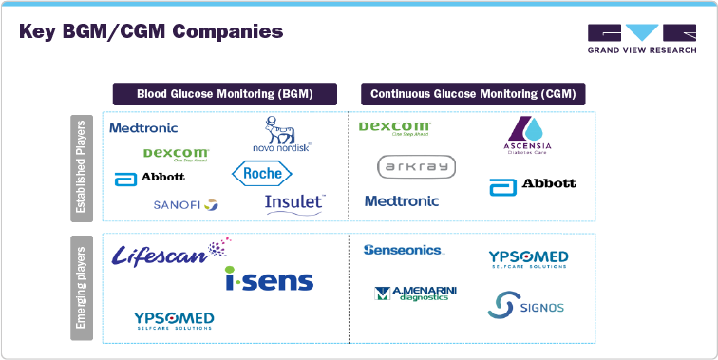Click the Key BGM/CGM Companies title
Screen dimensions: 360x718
pos(151,31)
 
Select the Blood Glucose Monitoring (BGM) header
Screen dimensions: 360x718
pos(225,94)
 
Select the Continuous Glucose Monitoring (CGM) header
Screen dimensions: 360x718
pos(472,94)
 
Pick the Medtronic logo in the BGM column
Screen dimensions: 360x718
pos(143,127)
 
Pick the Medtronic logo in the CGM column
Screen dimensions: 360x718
pos(402,200)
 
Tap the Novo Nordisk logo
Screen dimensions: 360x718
pos(281,135)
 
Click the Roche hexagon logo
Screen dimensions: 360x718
pos(263,173)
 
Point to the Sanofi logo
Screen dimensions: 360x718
pos(185,204)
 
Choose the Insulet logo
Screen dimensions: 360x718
pos(295,202)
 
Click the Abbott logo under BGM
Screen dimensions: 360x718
pos(150,178)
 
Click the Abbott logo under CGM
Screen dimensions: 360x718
pos(532,184)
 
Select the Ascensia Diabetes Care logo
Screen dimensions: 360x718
pos(527,137)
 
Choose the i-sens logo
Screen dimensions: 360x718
pos(269,278)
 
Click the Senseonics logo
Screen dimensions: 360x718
pos(403,250)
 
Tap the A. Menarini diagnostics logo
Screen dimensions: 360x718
pos(415,294)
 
